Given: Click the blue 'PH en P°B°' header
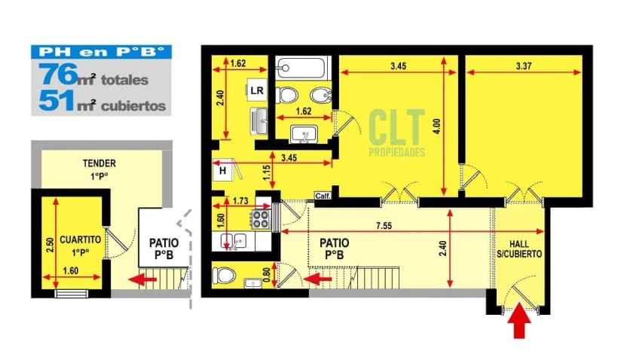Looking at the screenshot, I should click(100, 53).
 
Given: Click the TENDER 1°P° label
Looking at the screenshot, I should click(99, 169).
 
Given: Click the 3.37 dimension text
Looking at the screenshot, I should click(524, 66).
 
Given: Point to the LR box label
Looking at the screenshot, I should click(257, 90).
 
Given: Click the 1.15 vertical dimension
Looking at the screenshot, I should click(266, 172).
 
